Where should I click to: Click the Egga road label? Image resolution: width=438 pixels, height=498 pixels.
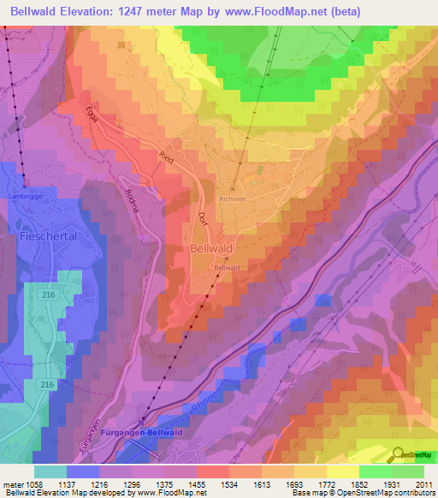[x=92, y=117]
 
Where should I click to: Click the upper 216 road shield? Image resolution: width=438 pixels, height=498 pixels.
[x=46, y=293]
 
